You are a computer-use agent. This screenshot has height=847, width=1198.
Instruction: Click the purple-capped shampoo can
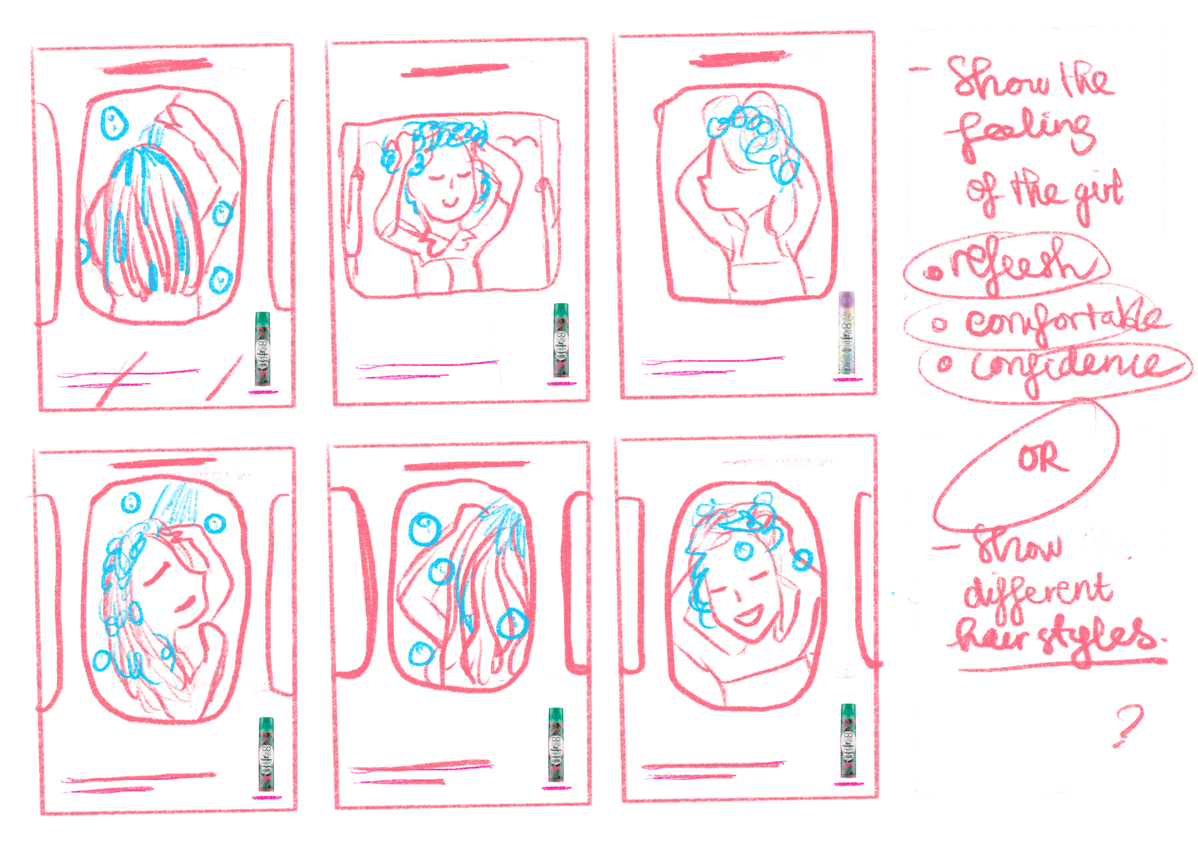[846, 333]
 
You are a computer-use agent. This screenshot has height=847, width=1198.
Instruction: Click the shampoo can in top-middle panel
[561, 340]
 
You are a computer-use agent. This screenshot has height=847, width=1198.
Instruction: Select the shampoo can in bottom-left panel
[266, 754]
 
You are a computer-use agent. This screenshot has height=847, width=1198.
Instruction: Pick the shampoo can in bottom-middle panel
[556, 745]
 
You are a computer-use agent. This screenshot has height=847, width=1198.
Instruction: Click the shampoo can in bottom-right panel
[848, 741]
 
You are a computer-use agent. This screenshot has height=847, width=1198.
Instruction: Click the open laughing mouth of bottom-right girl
[749, 617]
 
